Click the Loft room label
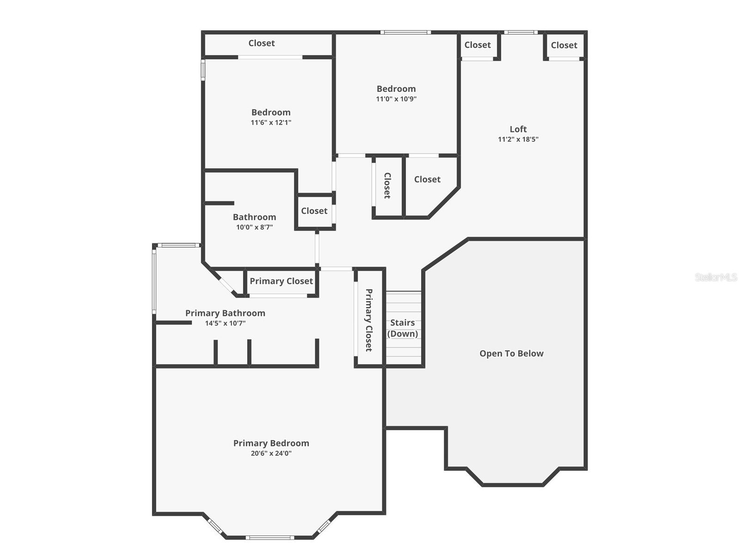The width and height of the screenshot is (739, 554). tap(518, 129)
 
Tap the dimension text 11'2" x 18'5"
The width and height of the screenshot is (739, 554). tap(518, 139)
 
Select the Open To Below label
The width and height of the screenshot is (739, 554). tap(511, 354)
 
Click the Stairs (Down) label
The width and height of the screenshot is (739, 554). tap(403, 328)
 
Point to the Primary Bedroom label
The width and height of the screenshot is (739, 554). tap(271, 443)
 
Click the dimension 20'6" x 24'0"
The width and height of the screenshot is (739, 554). tap(271, 453)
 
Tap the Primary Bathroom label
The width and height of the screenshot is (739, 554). tap(225, 313)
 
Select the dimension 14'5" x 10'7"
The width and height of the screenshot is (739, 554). tap(225, 323)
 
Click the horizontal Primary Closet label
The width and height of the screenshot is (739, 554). tap(281, 281)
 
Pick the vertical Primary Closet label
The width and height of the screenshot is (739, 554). tap(369, 320)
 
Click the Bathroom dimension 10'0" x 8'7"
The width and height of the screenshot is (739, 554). tap(254, 227)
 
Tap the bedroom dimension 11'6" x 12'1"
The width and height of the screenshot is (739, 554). tap(271, 122)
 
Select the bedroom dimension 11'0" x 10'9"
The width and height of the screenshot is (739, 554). tap(396, 99)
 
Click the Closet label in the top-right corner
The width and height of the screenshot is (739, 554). tap(564, 45)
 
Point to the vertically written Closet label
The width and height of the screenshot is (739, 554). tap(388, 186)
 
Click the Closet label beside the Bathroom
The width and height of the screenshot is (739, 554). tap(314, 211)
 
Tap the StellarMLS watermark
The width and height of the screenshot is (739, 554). tap(716, 277)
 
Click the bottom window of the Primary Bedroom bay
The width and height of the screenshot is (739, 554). tap(270, 537)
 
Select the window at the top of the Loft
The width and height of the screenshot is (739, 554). tap(521, 32)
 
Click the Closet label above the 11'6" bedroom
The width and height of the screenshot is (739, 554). tap(261, 43)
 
